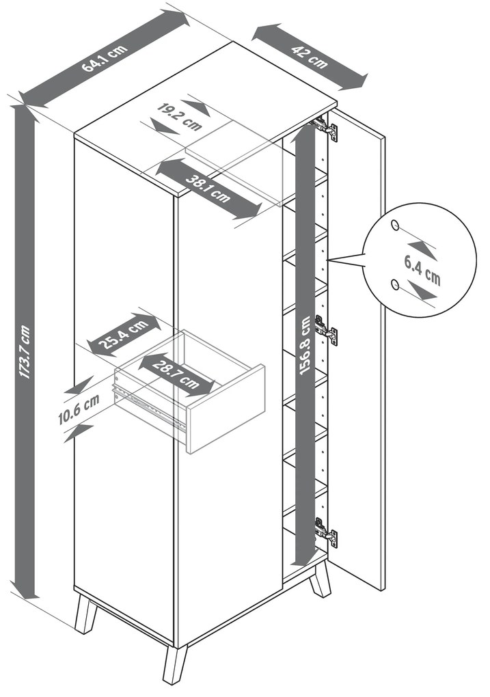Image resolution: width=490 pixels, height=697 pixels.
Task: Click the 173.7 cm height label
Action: [x=25, y=352]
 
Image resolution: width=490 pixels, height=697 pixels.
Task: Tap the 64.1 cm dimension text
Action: [x=105, y=58]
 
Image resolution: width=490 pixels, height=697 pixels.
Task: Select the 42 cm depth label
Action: [x=310, y=57]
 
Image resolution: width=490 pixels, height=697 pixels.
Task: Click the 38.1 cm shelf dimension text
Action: [x=208, y=189]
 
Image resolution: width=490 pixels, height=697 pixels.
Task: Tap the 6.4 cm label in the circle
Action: [x=422, y=271]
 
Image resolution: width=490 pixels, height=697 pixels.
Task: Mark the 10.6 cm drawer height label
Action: [x=79, y=409]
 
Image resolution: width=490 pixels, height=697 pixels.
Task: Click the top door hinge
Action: [x=326, y=129]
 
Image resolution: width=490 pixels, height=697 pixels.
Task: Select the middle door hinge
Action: [x=327, y=330]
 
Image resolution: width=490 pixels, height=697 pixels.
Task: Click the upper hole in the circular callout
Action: [x=395, y=225]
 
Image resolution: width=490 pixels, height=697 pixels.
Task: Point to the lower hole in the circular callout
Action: [x=394, y=284]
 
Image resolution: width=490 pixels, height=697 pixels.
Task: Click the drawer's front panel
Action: [x=226, y=409]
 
